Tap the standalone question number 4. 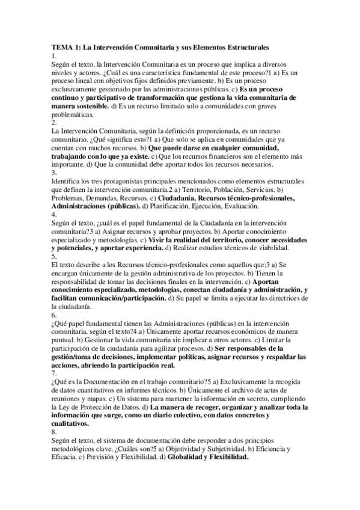tap(53, 215)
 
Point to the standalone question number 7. tap(53, 373)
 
